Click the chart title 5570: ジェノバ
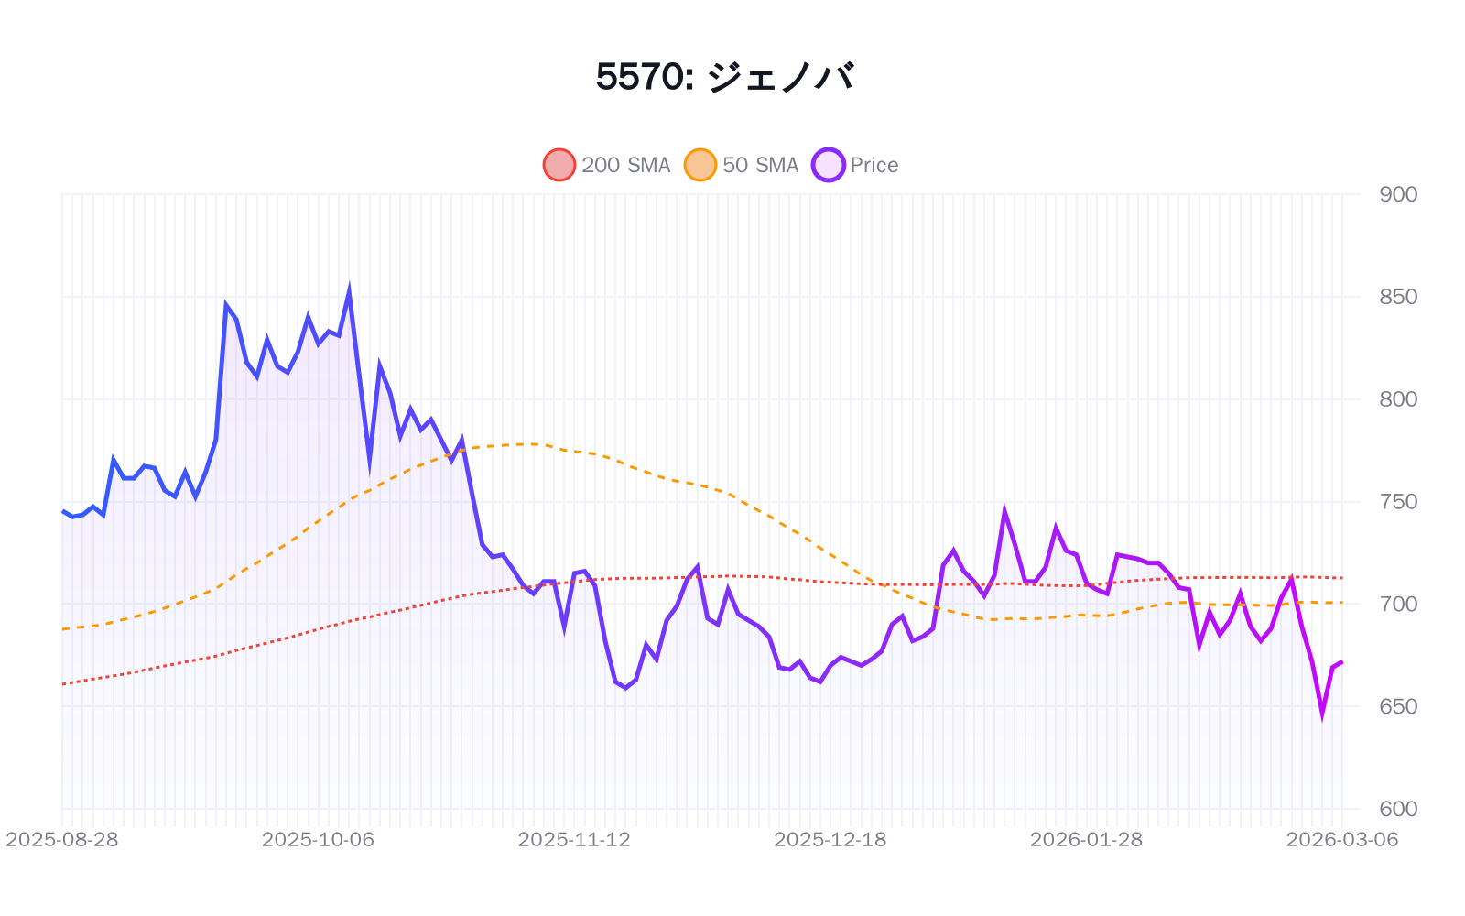pyautogui.click(x=725, y=77)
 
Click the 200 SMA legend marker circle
pyautogui.click(x=559, y=165)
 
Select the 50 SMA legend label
pyautogui.click(x=760, y=165)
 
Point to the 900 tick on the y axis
pyautogui.click(x=1397, y=194)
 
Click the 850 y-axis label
pyautogui.click(x=1397, y=297)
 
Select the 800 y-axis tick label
pyautogui.click(x=1397, y=399)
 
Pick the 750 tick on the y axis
pyautogui.click(x=1397, y=502)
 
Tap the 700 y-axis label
pyautogui.click(x=1397, y=605)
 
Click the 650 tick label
pyautogui.click(x=1397, y=706)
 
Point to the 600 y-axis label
pyautogui.click(x=1397, y=809)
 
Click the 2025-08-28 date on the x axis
pyautogui.click(x=62, y=840)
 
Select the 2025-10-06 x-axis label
pyautogui.click(x=318, y=840)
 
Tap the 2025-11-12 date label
pyautogui.click(x=574, y=840)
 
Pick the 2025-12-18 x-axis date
pyautogui.click(x=830, y=840)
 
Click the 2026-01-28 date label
pyautogui.click(x=1086, y=840)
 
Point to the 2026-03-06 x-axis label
pyautogui.click(x=1341, y=840)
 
